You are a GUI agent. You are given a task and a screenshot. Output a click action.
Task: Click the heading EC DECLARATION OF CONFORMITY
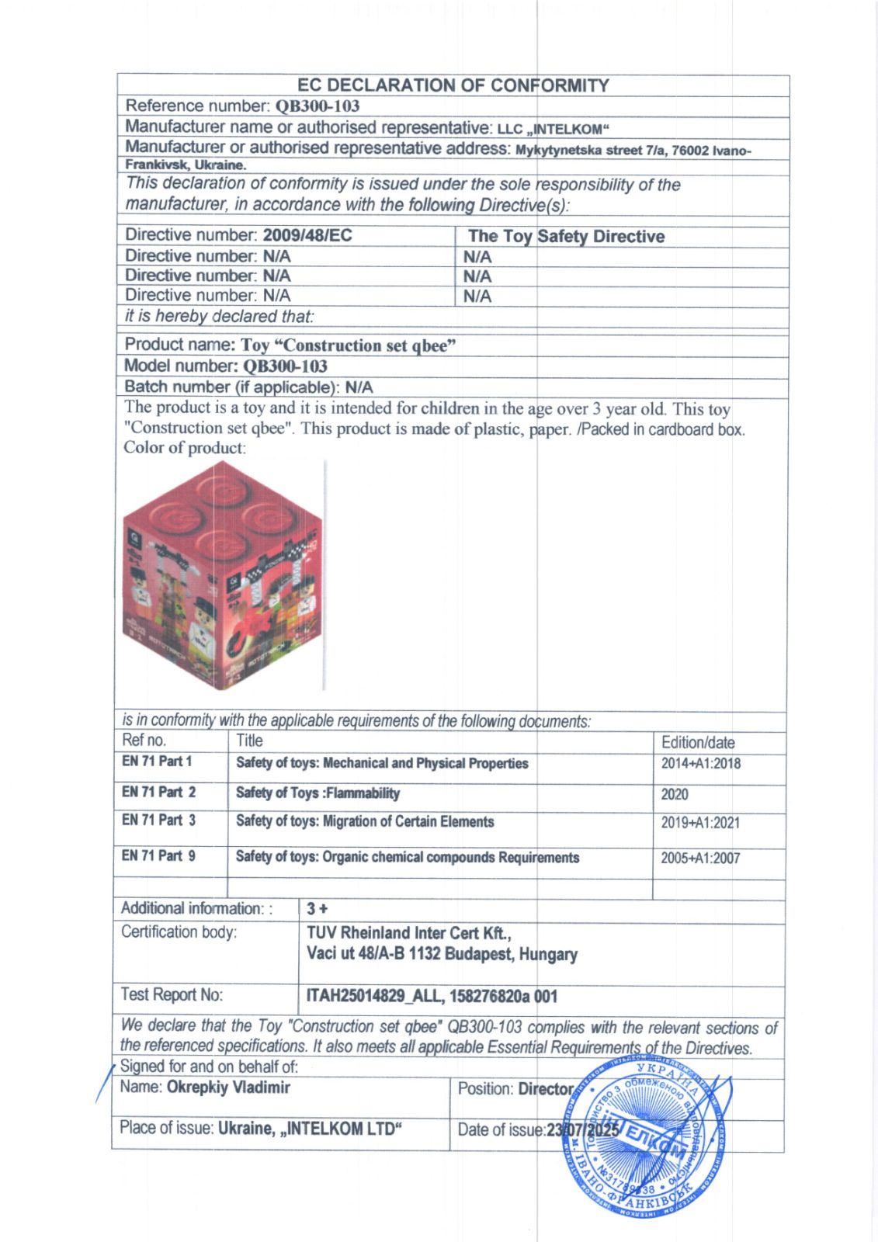tap(453, 85)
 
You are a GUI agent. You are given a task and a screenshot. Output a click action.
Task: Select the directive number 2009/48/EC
tap(307, 235)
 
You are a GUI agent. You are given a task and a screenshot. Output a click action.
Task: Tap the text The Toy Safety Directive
tap(566, 237)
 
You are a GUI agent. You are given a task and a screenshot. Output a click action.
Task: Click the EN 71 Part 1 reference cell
tap(157, 762)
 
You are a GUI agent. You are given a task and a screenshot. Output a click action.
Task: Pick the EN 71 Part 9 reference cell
tap(158, 856)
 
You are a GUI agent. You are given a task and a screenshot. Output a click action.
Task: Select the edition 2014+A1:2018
tap(700, 764)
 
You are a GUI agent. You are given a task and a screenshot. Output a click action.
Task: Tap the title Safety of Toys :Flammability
tap(318, 793)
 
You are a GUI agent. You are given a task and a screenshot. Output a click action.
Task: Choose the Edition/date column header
tap(698, 743)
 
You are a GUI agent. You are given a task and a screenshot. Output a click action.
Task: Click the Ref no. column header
tap(144, 741)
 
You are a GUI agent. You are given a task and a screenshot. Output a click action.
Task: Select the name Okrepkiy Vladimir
tap(228, 1088)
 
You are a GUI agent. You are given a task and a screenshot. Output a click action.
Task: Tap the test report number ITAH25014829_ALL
tap(372, 996)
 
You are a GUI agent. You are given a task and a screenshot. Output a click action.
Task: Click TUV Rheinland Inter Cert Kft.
tap(409, 932)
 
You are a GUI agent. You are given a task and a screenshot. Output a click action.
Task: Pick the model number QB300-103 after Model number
tap(285, 366)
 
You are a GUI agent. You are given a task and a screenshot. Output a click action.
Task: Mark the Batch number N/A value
tap(359, 387)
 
